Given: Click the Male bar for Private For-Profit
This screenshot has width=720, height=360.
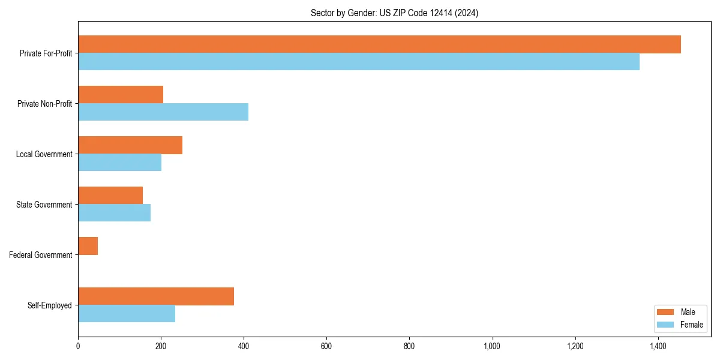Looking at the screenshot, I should (x=379, y=44).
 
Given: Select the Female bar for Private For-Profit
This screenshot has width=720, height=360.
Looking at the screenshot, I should (x=359, y=62).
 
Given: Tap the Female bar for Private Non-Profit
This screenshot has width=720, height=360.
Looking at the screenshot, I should (x=163, y=112).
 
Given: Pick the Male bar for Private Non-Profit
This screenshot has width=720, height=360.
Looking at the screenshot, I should (x=121, y=95).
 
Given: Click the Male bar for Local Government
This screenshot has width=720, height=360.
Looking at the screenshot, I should (x=130, y=145).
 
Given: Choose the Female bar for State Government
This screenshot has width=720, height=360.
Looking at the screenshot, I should (x=114, y=213).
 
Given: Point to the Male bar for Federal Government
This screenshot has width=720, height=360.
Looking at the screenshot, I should (x=88, y=246).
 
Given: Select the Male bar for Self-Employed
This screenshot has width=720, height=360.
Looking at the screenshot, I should (x=156, y=296).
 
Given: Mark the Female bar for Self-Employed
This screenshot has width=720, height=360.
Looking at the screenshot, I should (x=127, y=314).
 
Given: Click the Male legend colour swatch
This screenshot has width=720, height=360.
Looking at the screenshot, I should (x=666, y=312).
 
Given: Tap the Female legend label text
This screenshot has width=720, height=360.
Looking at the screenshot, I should (x=691, y=325).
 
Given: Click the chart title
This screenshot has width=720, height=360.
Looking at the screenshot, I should (x=394, y=13).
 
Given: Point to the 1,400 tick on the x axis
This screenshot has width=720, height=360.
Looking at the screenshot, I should (x=658, y=346).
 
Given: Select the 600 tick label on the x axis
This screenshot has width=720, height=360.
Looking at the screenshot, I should (x=326, y=346).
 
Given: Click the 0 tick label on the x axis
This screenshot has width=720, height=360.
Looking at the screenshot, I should (x=78, y=346).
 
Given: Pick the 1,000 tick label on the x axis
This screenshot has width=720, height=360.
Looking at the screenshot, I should (x=492, y=346).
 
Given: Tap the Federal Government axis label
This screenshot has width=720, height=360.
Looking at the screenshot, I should (x=41, y=255).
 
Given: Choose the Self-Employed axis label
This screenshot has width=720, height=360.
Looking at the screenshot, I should (x=50, y=305).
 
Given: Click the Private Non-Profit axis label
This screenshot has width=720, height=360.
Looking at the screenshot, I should (x=44, y=104).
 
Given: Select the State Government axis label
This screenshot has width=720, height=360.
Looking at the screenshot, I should (x=44, y=205).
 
